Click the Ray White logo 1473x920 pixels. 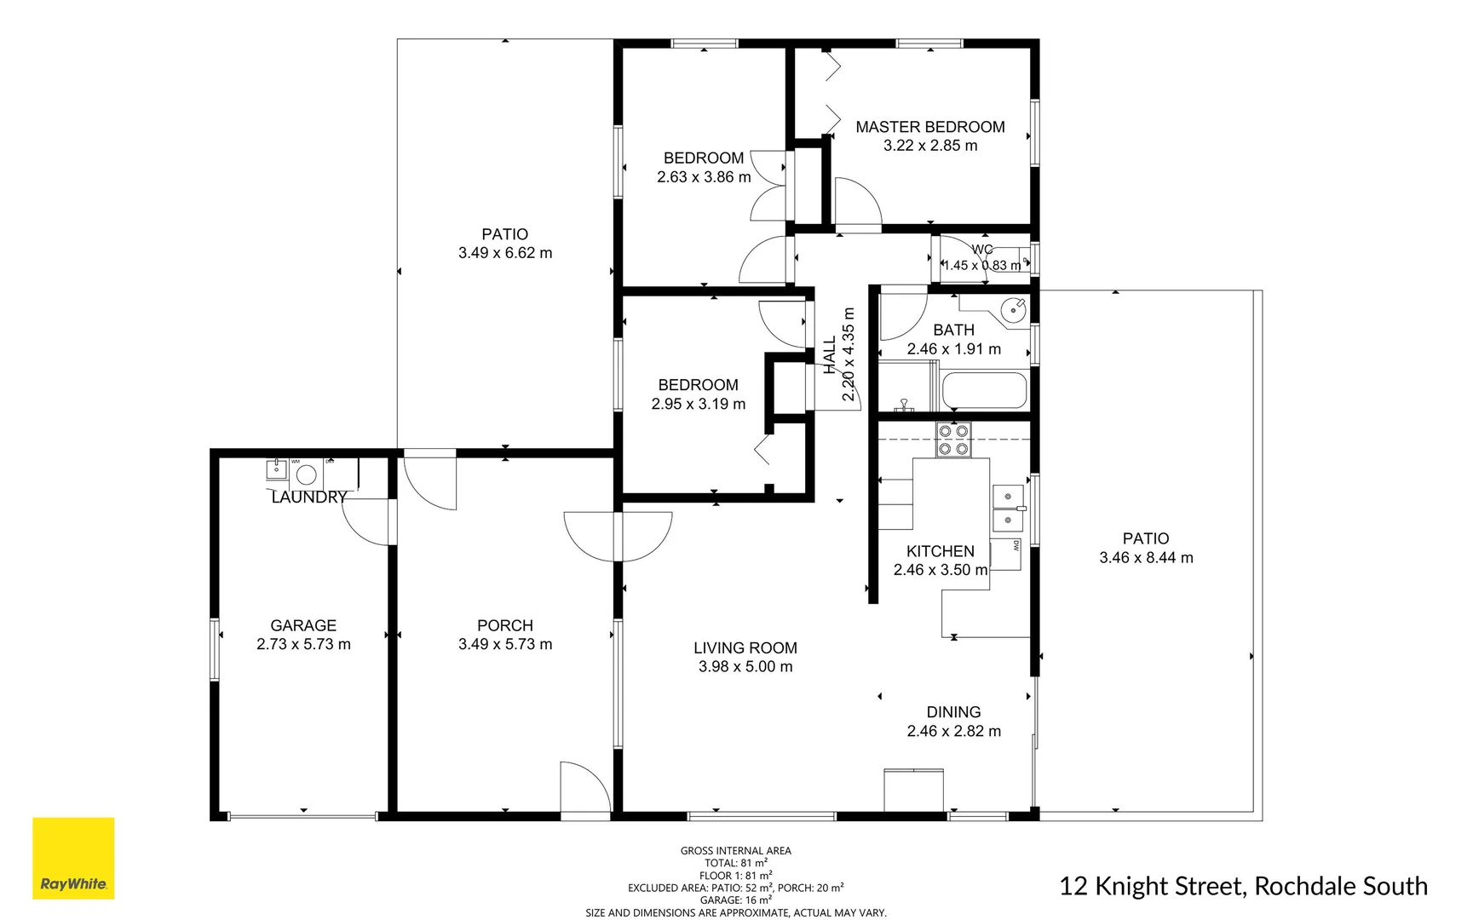click(73, 858)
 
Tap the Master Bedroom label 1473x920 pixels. click(929, 127)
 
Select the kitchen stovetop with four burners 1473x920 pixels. click(953, 440)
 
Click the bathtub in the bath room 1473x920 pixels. click(984, 391)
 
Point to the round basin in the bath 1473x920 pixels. click(1013, 310)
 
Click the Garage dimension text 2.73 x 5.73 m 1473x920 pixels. click(303, 644)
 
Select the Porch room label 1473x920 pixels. click(504, 625)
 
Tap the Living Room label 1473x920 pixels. click(745, 647)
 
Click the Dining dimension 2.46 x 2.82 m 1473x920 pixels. click(953, 731)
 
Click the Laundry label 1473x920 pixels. click(308, 497)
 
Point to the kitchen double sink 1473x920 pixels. click(1008, 508)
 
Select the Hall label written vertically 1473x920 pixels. click(830, 354)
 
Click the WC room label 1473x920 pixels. click(981, 250)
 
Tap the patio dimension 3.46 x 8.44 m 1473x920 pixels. click(1145, 558)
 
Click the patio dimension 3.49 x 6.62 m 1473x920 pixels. click(504, 253)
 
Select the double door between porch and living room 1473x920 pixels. click(618, 537)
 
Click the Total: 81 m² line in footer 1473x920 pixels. click(735, 863)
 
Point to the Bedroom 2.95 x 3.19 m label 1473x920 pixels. click(698, 385)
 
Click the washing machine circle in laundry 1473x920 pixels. click(307, 474)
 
